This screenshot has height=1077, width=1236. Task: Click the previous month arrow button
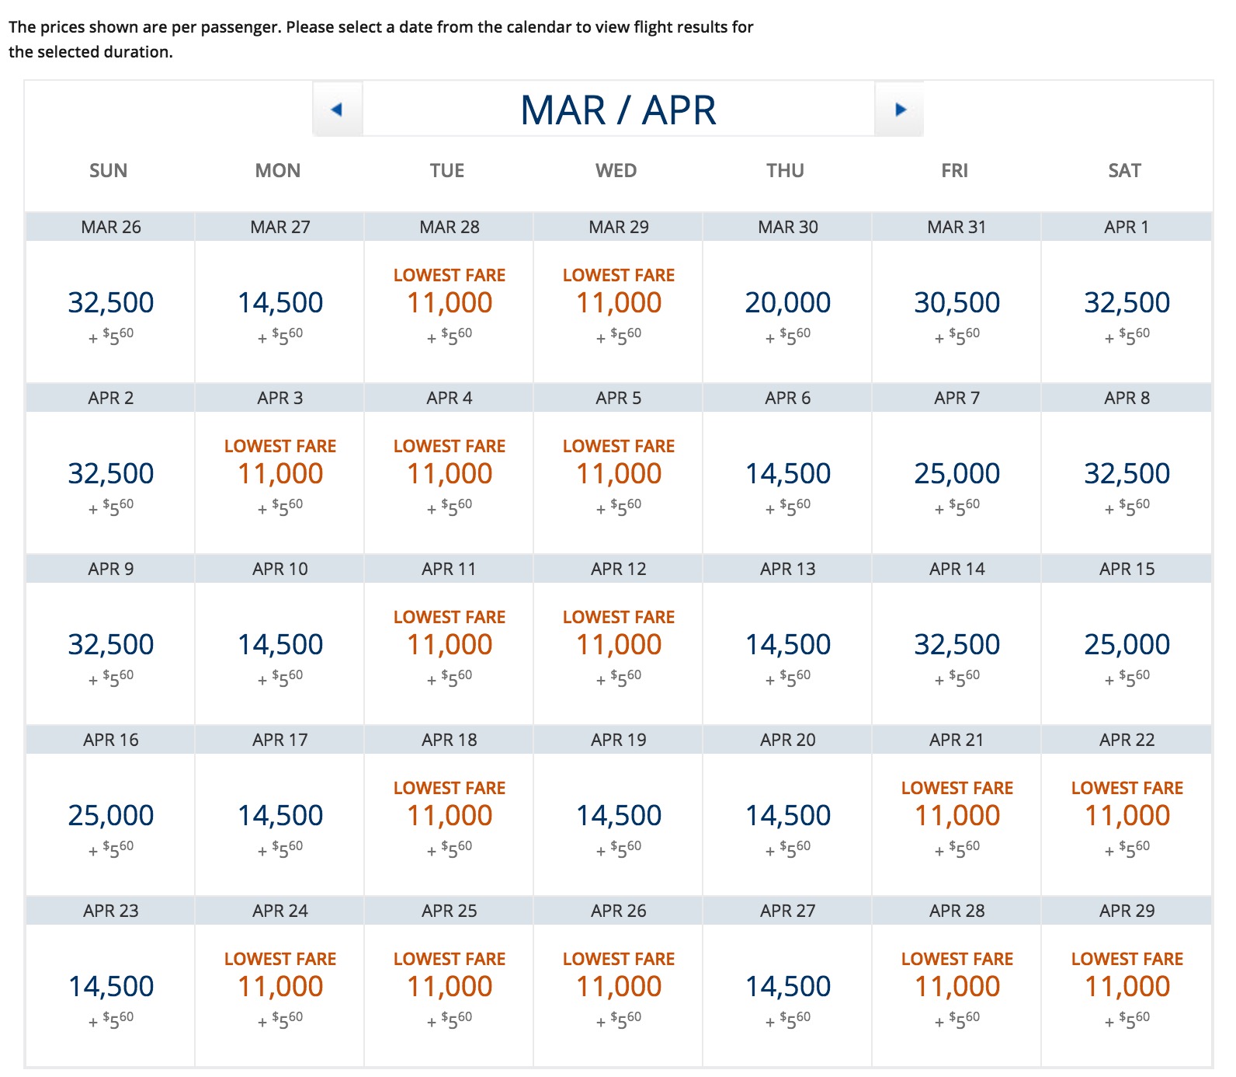coord(337,110)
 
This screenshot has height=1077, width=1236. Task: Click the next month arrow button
coord(900,110)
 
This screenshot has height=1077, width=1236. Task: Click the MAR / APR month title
coord(618,110)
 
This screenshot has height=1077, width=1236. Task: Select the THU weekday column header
coord(785,171)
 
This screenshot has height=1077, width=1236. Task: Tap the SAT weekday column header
coord(1124,171)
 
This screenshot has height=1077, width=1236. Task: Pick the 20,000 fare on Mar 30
coord(787,302)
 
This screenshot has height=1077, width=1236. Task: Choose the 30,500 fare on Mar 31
coord(957,302)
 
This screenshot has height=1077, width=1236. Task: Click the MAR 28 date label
coord(449,227)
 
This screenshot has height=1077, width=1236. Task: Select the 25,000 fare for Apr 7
coord(957,473)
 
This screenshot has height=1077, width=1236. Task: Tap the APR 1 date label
coord(1126,227)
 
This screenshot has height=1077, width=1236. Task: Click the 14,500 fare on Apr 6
coord(787,473)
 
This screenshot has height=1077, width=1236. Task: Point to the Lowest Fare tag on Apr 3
coord(279,446)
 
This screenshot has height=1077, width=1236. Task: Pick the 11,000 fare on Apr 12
coord(618,644)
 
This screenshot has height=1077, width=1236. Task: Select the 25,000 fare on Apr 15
coord(1127,644)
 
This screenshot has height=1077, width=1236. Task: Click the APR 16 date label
coord(110,740)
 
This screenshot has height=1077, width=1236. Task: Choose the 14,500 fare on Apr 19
coord(618,815)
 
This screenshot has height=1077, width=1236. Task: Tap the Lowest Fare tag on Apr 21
coord(957,788)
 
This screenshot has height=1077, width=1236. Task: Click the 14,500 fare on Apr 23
coord(111,986)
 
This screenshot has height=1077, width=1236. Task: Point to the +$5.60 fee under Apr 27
coord(789,1019)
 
